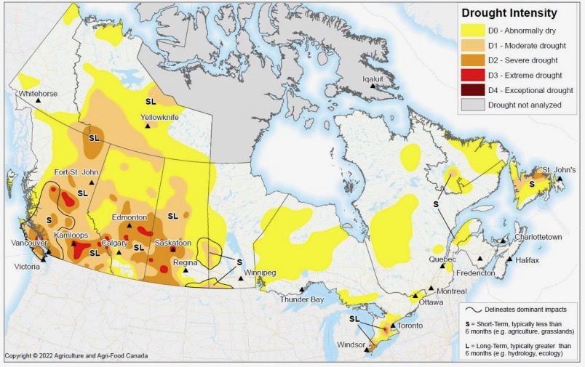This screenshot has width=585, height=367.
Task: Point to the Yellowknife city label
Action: [x=160, y=116]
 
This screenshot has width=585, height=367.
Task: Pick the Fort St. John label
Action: [x=76, y=172]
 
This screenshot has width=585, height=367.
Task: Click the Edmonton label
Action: [x=130, y=217]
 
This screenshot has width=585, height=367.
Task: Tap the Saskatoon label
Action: [x=173, y=243]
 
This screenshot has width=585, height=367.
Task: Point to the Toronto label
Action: [x=410, y=326]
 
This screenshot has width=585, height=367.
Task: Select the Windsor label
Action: [x=351, y=344]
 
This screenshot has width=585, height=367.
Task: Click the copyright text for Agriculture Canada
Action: [x=76, y=356]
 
